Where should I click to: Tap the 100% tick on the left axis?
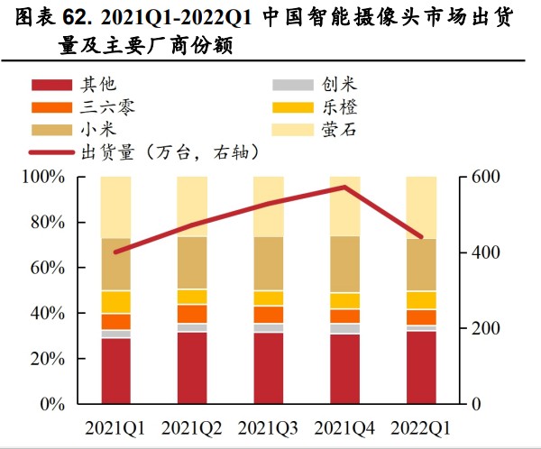(x=44, y=178)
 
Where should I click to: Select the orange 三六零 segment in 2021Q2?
(x=192, y=314)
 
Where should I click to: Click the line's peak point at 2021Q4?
(x=344, y=188)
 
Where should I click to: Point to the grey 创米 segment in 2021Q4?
(x=344, y=329)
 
